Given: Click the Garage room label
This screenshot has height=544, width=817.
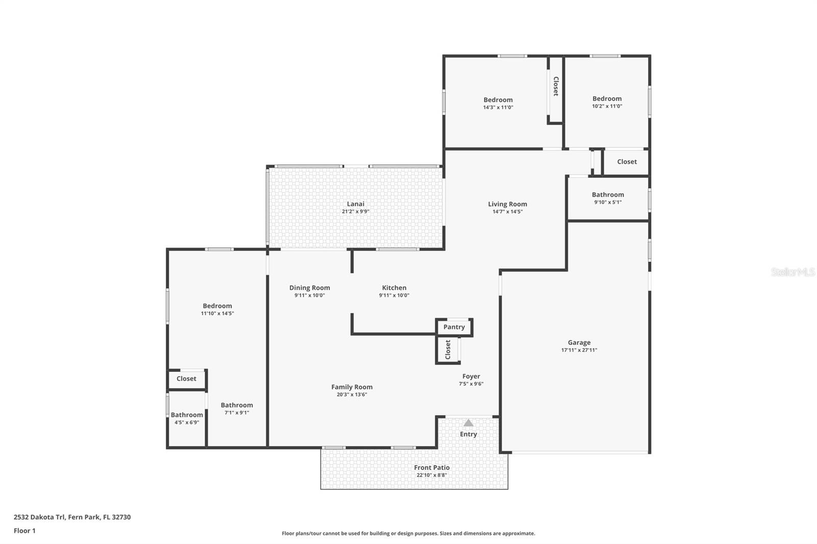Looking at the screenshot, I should click(x=579, y=343).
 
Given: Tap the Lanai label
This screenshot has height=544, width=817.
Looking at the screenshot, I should click(x=355, y=204).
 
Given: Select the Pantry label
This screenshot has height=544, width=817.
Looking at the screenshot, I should click(x=454, y=327).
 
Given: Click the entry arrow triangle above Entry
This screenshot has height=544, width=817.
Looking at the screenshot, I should click(x=468, y=423).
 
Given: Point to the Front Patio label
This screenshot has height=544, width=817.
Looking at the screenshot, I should click(x=431, y=467).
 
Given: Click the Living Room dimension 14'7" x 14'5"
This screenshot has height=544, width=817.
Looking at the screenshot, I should click(x=507, y=212).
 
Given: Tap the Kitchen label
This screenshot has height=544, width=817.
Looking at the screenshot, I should click(x=394, y=288).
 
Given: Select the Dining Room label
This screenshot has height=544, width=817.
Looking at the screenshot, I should click(x=309, y=288).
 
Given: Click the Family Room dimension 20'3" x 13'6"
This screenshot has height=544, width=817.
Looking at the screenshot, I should click(x=352, y=394).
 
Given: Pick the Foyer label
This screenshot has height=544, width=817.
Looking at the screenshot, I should click(x=471, y=377).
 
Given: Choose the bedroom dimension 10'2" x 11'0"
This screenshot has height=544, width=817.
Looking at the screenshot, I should click(x=607, y=106).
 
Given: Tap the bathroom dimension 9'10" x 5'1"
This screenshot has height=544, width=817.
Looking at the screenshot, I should click(x=608, y=202).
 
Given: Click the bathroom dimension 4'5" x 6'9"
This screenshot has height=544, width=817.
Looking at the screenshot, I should click(x=187, y=423).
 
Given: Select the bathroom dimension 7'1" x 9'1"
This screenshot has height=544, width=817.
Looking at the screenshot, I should click(x=237, y=413).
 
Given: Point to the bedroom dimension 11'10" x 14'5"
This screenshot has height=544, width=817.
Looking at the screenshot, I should click(x=217, y=313).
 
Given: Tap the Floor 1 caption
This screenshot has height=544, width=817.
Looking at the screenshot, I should click(x=25, y=531).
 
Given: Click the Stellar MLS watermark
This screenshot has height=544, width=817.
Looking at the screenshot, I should click(x=792, y=272).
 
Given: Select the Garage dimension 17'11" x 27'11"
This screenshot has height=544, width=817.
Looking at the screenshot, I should click(x=579, y=350).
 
